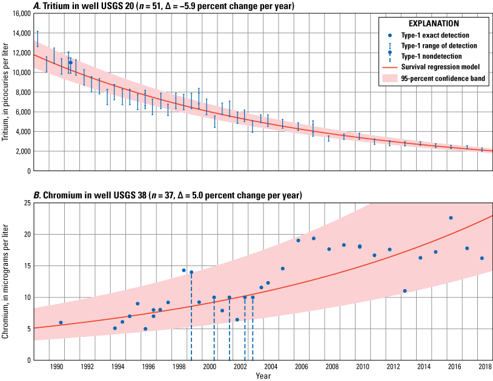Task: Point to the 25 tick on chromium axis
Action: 26,203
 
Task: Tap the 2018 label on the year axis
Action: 485,367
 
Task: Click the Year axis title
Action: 263,376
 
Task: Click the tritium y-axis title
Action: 5,92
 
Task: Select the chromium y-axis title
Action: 5,281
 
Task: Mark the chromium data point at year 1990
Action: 61,322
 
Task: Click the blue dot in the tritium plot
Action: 70,62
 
